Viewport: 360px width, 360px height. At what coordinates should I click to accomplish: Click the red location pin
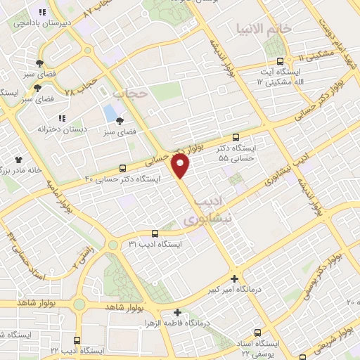click(x=181, y=167)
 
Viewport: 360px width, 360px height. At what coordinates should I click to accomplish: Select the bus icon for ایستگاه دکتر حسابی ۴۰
click(x=123, y=168)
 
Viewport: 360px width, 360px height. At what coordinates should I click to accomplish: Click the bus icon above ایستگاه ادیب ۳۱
click(x=155, y=233)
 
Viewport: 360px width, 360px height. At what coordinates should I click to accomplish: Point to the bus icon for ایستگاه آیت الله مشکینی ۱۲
click(x=281, y=61)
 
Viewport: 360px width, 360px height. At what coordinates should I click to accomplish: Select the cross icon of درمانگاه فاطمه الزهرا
click(x=177, y=312)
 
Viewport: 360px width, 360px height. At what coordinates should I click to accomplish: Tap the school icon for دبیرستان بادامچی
click(x=42, y=12)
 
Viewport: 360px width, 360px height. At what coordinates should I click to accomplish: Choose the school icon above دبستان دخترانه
click(x=61, y=118)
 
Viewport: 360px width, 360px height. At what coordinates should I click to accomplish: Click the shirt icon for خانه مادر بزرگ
click(x=30, y=160)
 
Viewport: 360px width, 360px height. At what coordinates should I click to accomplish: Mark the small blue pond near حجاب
click(x=110, y=112)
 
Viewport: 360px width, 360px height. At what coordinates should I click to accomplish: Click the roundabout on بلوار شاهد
click(x=79, y=304)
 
